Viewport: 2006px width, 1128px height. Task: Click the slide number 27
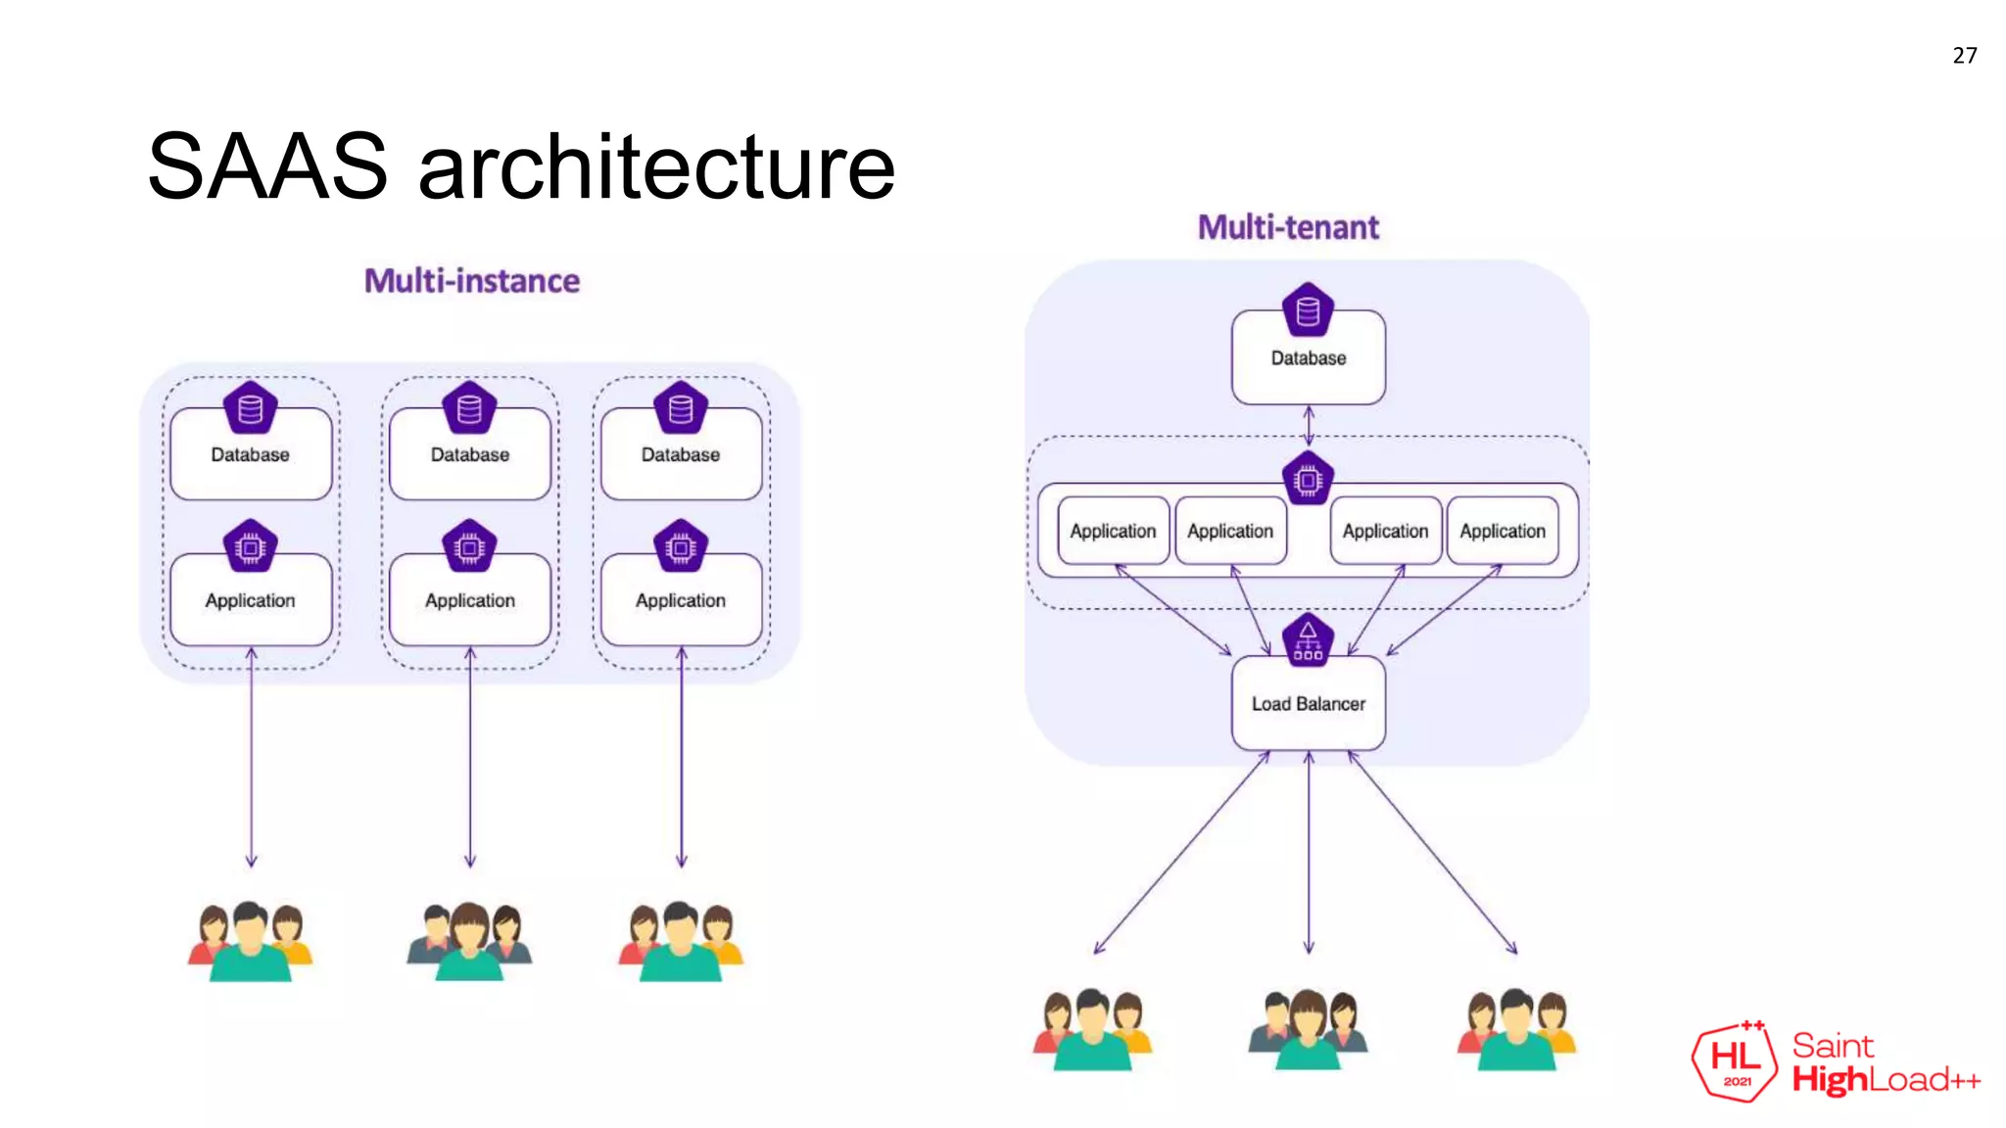(x=1964, y=56)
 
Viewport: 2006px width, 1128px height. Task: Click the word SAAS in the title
(x=266, y=166)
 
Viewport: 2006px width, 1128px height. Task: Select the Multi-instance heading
(x=471, y=281)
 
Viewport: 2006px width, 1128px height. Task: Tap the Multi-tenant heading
(x=1288, y=227)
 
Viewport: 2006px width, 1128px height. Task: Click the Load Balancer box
(x=1308, y=704)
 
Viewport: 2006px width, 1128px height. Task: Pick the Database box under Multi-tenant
(x=1308, y=358)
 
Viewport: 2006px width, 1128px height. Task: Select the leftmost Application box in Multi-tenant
(x=1113, y=531)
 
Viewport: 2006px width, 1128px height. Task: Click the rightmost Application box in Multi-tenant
(x=1503, y=531)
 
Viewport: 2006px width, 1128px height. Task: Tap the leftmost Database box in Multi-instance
(x=251, y=455)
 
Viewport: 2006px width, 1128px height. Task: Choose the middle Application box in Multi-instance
(x=470, y=600)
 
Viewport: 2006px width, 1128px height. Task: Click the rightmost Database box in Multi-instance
(x=681, y=455)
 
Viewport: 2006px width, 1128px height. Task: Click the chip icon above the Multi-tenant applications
(x=1308, y=480)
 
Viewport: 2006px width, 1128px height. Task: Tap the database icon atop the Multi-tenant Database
(x=1308, y=310)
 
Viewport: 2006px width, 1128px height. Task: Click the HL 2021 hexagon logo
(x=1735, y=1061)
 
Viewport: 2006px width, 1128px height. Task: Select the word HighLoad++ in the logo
(x=1885, y=1080)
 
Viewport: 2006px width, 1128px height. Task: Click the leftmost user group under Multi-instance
(x=251, y=940)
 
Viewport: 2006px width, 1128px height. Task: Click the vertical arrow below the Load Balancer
(x=1309, y=852)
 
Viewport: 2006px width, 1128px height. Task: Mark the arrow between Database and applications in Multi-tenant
(x=1309, y=425)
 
